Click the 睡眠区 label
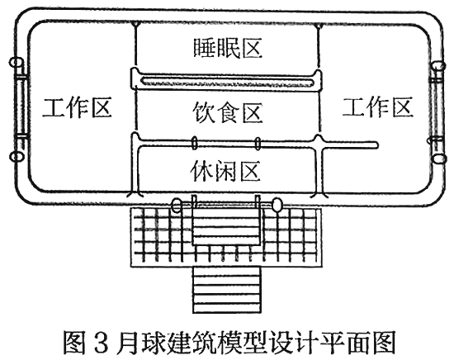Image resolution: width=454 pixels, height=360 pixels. tap(228, 48)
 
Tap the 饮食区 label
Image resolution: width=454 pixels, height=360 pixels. tap(228, 112)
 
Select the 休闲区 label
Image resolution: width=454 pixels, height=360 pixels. tap(225, 170)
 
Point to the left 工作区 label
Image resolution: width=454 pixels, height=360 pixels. tap(77, 107)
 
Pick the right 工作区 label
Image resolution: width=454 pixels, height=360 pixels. tap(378, 107)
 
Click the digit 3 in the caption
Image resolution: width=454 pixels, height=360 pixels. tap(101, 342)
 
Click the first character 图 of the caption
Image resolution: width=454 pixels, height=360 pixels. tap(74, 342)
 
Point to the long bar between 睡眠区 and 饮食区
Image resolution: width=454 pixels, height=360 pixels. tap(227, 81)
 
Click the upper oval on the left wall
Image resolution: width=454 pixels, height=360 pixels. tap(17, 62)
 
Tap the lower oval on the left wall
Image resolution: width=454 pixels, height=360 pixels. tap(17, 156)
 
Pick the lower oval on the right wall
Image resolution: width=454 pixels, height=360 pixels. tap(439, 159)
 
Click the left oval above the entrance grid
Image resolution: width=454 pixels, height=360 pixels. tap(177, 206)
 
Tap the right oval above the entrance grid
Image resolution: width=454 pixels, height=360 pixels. tap(277, 205)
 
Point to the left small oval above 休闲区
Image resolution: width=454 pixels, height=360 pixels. tap(194, 144)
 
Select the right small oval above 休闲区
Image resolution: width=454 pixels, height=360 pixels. tap(258, 144)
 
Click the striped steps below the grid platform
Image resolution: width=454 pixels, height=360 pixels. tap(227, 290)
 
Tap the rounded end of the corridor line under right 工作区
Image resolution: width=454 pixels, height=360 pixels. tap(376, 144)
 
